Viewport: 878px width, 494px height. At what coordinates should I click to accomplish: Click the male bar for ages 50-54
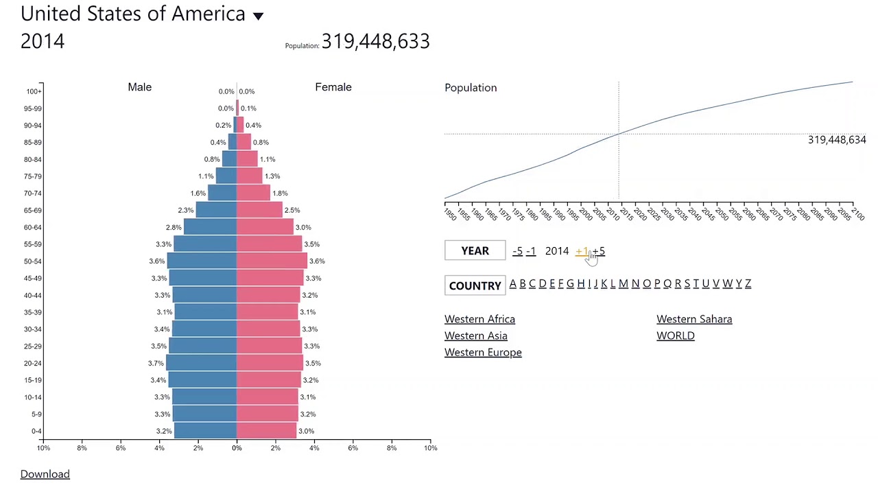(202, 261)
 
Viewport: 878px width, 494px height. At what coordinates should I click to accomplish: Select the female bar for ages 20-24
(270, 363)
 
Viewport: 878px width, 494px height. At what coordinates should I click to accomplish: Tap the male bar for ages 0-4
(205, 431)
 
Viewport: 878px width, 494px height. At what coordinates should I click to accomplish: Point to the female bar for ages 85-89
(244, 142)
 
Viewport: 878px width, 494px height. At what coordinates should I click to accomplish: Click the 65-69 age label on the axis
(32, 211)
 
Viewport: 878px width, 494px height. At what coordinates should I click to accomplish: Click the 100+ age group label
(34, 91)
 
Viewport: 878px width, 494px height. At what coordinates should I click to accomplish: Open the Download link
(45, 474)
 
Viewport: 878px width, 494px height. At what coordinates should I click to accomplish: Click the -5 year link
(517, 251)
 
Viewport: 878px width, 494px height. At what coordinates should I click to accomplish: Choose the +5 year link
(600, 251)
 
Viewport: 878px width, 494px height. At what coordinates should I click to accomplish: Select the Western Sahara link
(694, 319)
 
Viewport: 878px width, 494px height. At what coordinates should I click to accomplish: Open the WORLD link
(676, 336)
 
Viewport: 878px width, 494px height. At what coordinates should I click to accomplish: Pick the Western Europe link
(483, 352)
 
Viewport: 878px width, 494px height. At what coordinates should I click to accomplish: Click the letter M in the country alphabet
(623, 283)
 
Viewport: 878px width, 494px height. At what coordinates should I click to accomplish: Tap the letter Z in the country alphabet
(748, 283)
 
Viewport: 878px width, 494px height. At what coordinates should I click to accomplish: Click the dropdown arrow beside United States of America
(258, 16)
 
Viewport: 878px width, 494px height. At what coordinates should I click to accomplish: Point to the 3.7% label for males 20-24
(156, 364)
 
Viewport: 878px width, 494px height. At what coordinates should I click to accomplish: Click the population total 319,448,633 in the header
(375, 41)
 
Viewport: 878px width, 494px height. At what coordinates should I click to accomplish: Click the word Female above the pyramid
(333, 87)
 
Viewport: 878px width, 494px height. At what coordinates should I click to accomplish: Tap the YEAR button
(475, 251)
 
